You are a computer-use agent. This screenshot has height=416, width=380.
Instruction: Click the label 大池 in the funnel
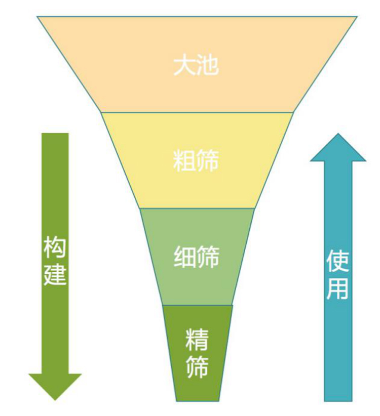[x=196, y=65]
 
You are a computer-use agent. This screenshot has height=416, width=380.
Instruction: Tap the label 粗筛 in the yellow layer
[x=196, y=160]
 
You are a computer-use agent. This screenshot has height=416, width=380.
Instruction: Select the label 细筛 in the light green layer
[x=197, y=257]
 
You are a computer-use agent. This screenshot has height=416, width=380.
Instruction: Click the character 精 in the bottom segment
[x=197, y=340]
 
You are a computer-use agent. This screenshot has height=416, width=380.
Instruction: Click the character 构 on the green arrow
[x=55, y=247]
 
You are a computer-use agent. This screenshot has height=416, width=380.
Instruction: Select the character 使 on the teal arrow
[x=338, y=261]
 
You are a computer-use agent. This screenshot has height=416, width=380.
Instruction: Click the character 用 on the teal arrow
[x=338, y=288]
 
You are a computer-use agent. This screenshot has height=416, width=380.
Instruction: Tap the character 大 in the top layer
[x=184, y=65]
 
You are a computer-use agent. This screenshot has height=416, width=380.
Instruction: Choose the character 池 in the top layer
[x=208, y=65]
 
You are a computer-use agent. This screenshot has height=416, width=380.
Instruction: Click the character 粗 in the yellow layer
[x=184, y=160]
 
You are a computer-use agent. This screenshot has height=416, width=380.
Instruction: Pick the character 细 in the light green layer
[x=185, y=257]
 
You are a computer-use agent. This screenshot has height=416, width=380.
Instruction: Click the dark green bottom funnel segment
[x=198, y=353]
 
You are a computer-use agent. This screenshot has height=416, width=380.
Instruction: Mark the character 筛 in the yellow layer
[x=208, y=160]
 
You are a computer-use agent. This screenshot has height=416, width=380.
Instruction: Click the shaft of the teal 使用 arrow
[x=338, y=281]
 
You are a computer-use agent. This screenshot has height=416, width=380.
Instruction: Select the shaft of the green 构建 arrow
[x=55, y=254]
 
